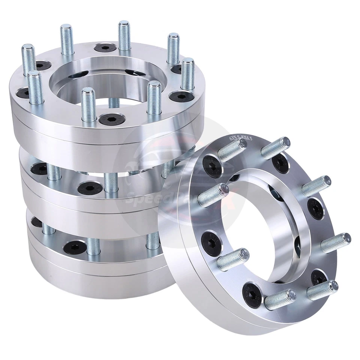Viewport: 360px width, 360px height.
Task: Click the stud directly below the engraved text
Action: coord(231,150)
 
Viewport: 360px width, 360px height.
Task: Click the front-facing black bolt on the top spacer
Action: coord(107,120)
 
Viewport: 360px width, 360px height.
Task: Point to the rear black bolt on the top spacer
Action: coord(101,48)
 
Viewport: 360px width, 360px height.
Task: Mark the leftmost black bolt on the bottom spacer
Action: coord(36,222)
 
